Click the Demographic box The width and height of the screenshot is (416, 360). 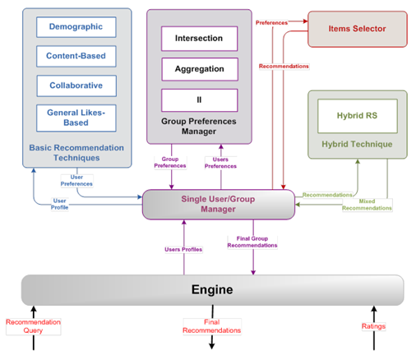(76, 27)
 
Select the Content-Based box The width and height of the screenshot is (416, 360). (76, 56)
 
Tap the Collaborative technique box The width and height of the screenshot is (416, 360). (76, 85)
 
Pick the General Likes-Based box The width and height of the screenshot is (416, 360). (76, 118)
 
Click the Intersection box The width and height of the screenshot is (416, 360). (199, 39)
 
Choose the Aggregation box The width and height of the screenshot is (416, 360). (200, 69)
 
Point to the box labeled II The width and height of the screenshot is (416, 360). (199, 100)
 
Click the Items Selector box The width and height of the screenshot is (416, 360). (358, 29)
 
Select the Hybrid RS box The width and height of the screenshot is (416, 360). (358, 116)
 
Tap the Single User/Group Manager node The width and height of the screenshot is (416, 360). (219, 205)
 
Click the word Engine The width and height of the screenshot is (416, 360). (212, 289)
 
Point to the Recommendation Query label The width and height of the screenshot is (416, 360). (33, 326)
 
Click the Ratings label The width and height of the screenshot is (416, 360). (373, 326)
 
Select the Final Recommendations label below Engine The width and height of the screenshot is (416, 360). (212, 326)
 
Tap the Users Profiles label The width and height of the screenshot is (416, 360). (183, 249)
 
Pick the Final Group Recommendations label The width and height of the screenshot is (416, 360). (252, 242)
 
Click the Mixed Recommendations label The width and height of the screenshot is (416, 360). (367, 205)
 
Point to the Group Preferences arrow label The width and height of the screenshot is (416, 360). (170, 163)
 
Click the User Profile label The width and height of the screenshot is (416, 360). (59, 204)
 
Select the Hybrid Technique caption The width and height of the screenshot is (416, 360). (357, 144)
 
